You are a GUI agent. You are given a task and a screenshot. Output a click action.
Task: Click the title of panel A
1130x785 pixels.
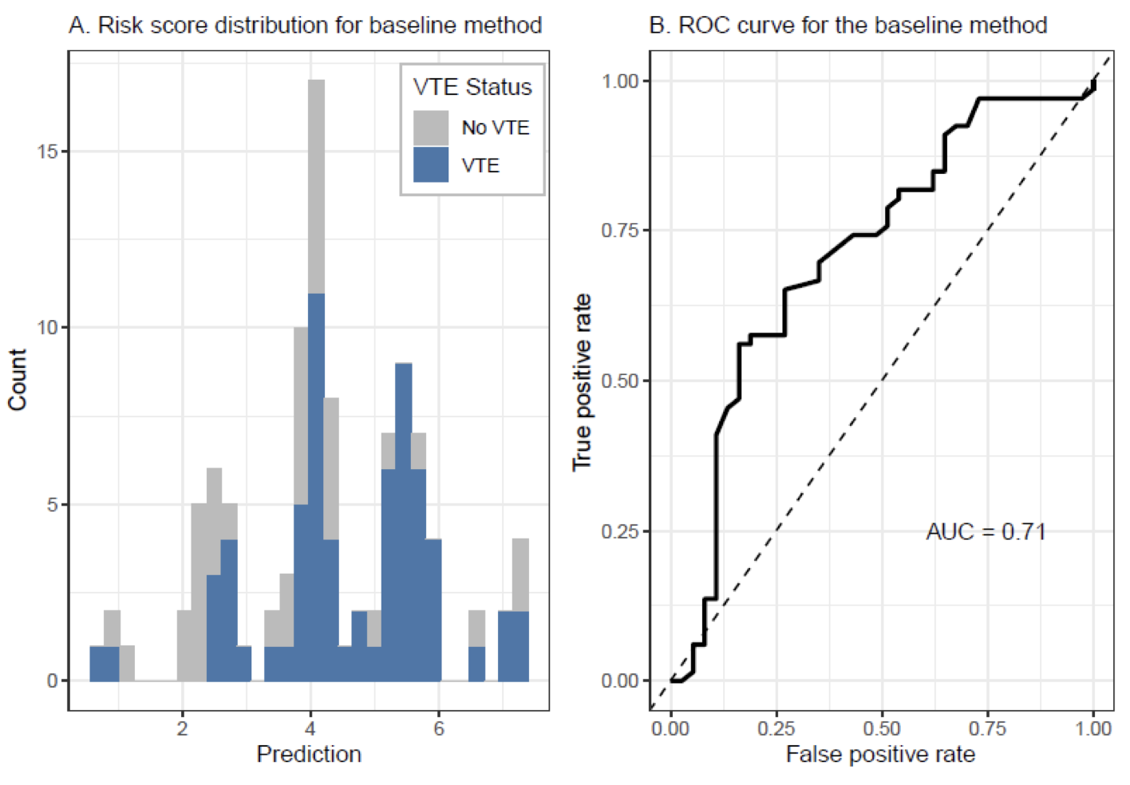click(x=305, y=26)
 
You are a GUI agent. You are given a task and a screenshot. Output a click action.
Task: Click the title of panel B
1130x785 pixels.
click(x=847, y=26)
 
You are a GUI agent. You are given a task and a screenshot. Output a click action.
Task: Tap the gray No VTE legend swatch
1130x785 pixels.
click(x=431, y=128)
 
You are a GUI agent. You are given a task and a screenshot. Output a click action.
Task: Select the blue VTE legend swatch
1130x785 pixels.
click(x=431, y=165)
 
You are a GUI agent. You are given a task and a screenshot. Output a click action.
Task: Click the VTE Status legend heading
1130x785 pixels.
click(x=472, y=87)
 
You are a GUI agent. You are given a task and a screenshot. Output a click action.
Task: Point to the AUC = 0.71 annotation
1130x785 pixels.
click(x=986, y=531)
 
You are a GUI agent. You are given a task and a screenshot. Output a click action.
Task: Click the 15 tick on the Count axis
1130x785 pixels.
click(x=47, y=152)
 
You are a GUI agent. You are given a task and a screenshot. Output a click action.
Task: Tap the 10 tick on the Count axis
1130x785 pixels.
click(x=47, y=328)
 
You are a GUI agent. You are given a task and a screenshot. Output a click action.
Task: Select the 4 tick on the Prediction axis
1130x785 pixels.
click(x=310, y=728)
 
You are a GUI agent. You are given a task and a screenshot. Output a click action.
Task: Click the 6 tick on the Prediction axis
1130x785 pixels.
click(x=439, y=728)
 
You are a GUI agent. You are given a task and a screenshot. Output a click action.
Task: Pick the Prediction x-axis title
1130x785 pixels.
click(x=309, y=755)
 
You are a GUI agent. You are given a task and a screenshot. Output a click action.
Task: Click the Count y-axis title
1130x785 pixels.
click(x=18, y=380)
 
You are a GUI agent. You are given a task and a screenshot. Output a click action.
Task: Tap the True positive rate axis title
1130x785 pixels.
click(x=582, y=382)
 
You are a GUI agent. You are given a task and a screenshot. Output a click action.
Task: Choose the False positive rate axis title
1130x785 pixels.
click(x=880, y=755)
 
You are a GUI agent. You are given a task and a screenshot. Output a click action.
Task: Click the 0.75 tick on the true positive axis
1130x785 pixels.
click(x=620, y=231)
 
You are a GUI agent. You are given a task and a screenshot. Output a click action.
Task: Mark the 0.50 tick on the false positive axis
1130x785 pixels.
click(x=882, y=728)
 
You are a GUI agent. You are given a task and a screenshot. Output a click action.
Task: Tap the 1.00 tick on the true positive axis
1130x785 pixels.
click(x=620, y=81)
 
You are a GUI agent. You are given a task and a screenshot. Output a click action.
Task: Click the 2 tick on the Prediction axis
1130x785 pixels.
click(x=183, y=728)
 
